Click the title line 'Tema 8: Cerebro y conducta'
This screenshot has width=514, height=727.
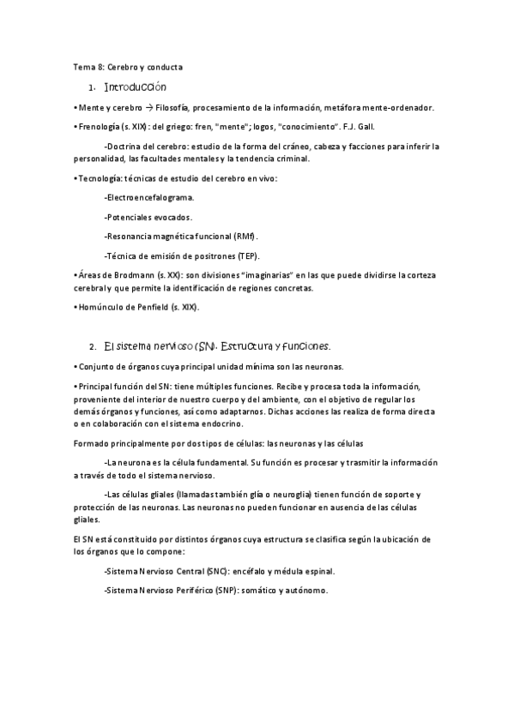coord(128,67)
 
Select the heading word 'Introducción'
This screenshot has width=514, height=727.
coord(135,87)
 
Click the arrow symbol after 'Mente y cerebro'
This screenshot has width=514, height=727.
coord(148,108)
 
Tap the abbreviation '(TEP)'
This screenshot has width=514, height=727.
coord(246,255)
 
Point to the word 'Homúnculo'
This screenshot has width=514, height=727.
coord(100,307)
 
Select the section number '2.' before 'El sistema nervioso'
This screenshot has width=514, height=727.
coord(92,347)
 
